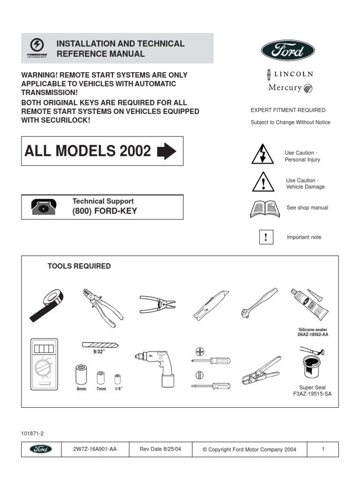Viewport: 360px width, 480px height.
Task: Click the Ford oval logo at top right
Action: tap(287, 50)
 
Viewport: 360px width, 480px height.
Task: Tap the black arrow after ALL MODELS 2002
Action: tap(166, 151)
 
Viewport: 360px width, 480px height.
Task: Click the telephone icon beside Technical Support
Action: tap(45, 207)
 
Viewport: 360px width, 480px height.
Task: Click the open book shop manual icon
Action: tap(265, 209)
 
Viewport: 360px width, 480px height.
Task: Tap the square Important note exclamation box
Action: tap(266, 237)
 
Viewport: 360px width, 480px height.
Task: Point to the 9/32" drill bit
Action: tap(100, 344)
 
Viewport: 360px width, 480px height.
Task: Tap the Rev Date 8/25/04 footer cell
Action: tap(160, 449)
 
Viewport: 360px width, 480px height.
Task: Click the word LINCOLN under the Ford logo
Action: tap(293, 74)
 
